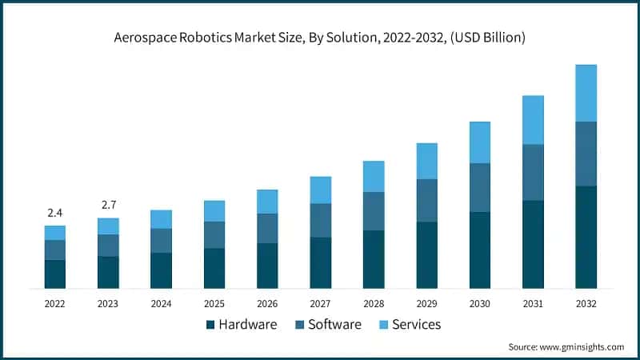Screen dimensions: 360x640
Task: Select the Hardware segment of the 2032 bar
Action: tap(586, 237)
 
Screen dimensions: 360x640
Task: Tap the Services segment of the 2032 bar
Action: tap(586, 93)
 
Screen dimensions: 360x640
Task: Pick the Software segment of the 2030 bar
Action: tap(480, 187)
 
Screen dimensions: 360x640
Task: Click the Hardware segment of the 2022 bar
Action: tap(55, 274)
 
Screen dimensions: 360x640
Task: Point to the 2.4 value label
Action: tap(55, 213)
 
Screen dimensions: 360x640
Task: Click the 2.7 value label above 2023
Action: tap(108, 206)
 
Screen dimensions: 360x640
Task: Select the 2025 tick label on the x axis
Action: tap(214, 304)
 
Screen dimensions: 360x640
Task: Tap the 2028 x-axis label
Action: tap(374, 304)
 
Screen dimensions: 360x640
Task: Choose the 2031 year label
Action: tap(533, 304)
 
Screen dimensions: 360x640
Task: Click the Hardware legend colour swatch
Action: tap(210, 325)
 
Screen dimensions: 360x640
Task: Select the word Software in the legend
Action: tap(334, 325)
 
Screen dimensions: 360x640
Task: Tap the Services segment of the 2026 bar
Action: tap(267, 202)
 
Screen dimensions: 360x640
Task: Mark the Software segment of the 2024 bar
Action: tap(161, 241)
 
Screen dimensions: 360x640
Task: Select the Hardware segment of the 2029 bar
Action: tap(426, 254)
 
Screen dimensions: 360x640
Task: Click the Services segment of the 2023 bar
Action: tap(108, 226)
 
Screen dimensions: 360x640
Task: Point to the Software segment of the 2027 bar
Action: tap(320, 220)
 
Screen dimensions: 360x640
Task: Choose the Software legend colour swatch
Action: tap(299, 325)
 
